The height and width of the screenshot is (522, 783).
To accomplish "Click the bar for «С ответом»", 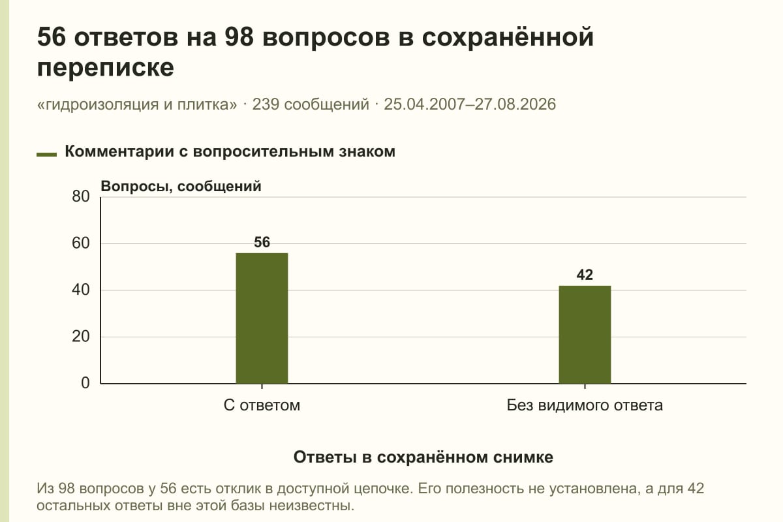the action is [262, 318].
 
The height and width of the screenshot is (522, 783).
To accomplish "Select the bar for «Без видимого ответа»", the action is [585, 335].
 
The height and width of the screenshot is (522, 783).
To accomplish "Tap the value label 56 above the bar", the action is [262, 242].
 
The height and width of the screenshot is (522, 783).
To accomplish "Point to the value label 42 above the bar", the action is [585, 275].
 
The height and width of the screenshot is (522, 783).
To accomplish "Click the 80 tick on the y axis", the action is [81, 196].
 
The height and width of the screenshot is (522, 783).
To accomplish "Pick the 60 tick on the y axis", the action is [81, 243].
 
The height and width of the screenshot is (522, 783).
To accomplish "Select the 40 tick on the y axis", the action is [81, 290].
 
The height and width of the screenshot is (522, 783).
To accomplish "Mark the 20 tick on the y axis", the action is [81, 337].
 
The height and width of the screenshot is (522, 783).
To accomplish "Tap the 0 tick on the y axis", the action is [85, 383].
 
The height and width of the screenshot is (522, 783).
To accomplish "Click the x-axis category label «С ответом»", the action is [262, 406].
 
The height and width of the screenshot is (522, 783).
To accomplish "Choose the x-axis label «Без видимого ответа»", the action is [585, 406].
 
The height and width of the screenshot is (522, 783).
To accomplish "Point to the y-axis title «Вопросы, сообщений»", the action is [181, 187].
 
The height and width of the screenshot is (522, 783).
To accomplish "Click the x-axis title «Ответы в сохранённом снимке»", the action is [423, 457].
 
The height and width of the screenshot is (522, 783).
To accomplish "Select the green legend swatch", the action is [46, 154].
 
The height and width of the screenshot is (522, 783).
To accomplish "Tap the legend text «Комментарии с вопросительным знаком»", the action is [230, 152].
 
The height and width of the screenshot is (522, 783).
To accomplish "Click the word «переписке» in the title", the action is [106, 67].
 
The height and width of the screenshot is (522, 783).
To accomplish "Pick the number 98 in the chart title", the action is [239, 37].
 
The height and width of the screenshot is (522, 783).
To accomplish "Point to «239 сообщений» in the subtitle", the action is [311, 104].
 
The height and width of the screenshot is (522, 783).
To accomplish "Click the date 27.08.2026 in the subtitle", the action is [515, 104].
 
